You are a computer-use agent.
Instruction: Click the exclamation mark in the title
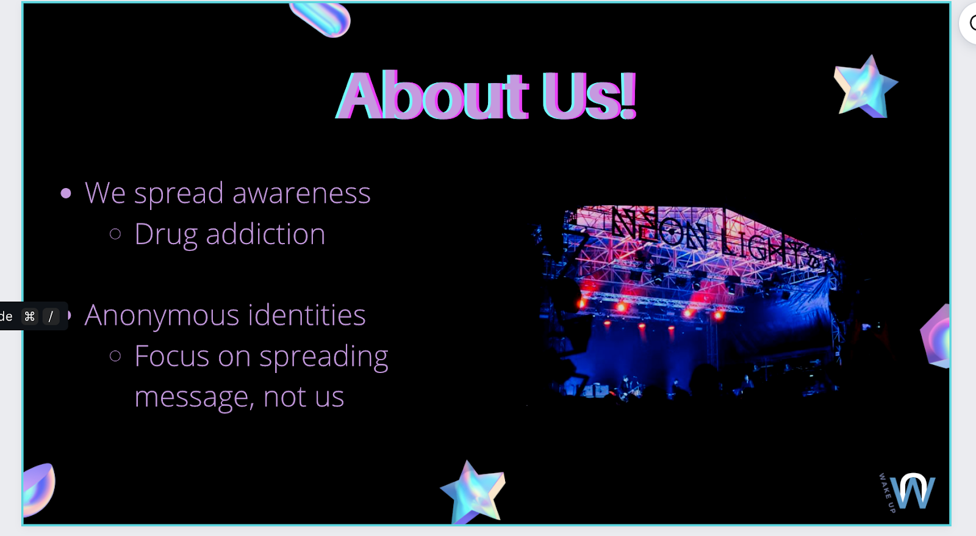pos(629,95)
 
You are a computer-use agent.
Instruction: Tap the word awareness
pos(301,193)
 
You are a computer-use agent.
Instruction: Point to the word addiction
pos(265,234)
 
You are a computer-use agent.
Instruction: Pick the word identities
pos(307,314)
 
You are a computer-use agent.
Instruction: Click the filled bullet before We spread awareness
pos(66,193)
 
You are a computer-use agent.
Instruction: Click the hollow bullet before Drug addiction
pos(115,234)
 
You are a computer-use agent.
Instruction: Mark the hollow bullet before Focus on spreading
pos(115,357)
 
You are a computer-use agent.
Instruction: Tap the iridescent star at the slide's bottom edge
pos(473,493)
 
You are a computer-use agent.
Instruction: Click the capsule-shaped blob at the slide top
pos(320,19)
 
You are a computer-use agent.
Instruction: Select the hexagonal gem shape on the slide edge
pos(935,337)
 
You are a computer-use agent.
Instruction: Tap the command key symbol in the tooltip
pos(30,316)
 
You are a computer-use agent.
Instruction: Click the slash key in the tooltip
pos(51,316)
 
